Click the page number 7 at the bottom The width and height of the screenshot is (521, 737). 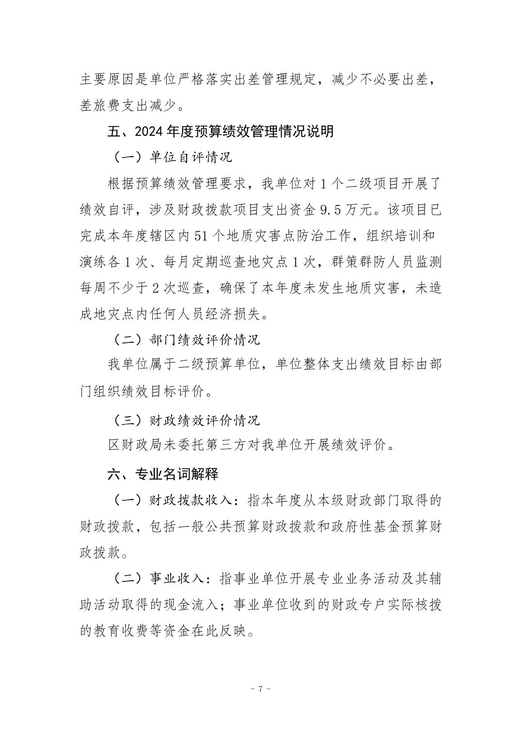point(261,689)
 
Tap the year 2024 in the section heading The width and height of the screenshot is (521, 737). point(149,131)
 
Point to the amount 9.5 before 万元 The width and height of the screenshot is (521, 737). point(332,210)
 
